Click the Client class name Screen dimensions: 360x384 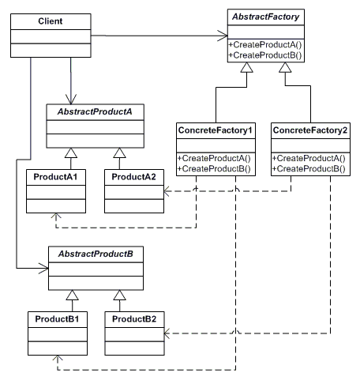[51, 21]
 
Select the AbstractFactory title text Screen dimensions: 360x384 [265, 17]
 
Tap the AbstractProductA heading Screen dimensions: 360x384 [95, 111]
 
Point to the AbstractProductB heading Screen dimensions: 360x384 [96, 254]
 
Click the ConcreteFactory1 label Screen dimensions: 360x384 [216, 130]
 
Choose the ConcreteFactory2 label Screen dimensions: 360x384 [310, 130]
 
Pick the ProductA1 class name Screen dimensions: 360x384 [55, 177]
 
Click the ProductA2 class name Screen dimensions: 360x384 [133, 177]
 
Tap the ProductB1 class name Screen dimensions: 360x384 [57, 319]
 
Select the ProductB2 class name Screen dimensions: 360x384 [134, 319]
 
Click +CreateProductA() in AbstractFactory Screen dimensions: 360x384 [265, 45]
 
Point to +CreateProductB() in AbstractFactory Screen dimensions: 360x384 [265, 55]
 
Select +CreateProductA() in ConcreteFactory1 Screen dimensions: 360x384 [214, 158]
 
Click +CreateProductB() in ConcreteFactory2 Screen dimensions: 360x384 [309, 168]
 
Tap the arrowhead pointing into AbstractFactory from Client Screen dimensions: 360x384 [223, 36]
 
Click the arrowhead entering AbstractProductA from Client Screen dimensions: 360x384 [71, 99]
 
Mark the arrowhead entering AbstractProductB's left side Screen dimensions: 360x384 [43, 269]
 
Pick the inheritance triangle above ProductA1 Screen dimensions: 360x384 [71, 153]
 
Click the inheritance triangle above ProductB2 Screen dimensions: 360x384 [120, 296]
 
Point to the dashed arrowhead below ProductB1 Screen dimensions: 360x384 [58, 358]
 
